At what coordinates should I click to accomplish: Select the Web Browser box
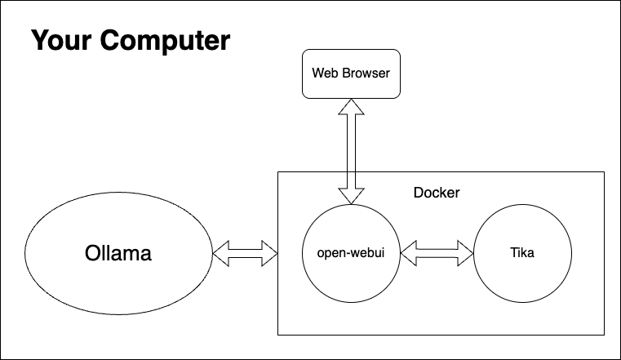click(351, 73)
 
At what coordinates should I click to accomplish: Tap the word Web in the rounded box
click(325, 73)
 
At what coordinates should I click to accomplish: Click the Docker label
click(437, 193)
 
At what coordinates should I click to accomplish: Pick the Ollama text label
click(118, 253)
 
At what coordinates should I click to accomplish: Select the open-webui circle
click(351, 253)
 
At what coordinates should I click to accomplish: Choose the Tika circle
click(521, 253)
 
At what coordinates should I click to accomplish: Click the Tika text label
click(521, 253)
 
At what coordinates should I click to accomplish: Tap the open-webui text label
click(350, 253)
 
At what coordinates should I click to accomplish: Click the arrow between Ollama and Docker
click(245, 253)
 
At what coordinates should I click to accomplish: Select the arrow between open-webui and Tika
click(437, 253)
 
